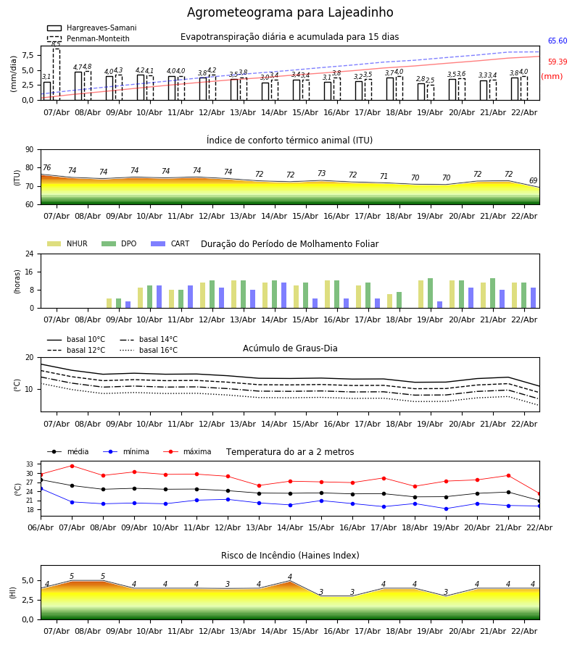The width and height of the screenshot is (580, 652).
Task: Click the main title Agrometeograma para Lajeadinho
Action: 290,13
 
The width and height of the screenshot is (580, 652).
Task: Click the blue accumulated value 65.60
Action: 557,41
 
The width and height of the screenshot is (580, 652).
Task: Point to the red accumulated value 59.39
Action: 557,62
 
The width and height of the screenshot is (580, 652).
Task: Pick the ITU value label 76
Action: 46,168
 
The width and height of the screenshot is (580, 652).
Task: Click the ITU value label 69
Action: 533,181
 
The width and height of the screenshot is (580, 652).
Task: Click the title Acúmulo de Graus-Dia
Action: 290,348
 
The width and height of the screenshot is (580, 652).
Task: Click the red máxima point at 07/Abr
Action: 72,466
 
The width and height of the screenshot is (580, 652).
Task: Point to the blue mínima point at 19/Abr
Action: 446,509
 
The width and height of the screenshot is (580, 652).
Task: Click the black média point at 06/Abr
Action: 41,480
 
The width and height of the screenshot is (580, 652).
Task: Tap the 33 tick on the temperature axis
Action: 30,464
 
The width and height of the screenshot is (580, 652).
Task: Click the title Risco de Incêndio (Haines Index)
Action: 290,556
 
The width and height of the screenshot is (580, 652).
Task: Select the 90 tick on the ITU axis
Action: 29,149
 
